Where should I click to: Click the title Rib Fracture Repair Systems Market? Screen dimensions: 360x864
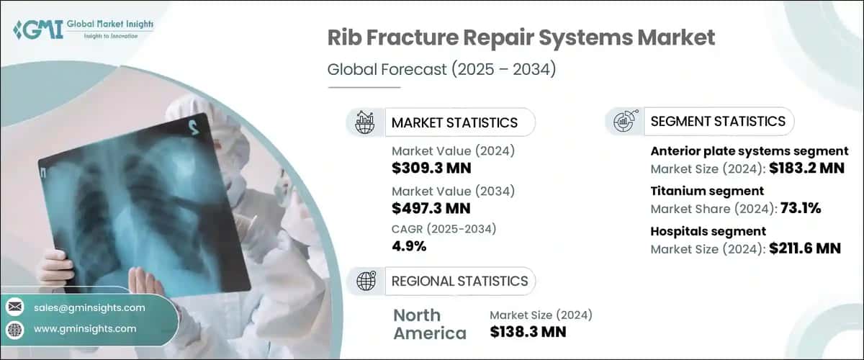tap(521, 38)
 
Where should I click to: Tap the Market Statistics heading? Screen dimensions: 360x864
tap(454, 122)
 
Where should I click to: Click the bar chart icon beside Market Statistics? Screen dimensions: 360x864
tap(365, 122)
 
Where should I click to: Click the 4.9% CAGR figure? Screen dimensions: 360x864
tap(410, 246)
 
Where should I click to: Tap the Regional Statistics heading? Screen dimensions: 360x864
tap(459, 281)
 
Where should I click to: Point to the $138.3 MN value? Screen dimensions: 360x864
tap(528, 332)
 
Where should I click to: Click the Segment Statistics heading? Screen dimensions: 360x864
tap(717, 122)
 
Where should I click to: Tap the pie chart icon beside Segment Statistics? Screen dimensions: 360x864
tap(624, 122)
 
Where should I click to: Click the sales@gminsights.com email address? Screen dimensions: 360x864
tap(89, 307)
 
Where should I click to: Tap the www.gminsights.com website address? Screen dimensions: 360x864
tap(85, 329)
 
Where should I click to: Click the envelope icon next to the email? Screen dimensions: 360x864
tap(14, 307)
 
